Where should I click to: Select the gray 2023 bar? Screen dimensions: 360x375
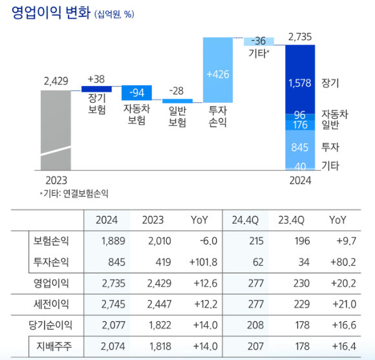55,129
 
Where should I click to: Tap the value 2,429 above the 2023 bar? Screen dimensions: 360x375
56,81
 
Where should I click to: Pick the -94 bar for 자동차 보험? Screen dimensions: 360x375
136,92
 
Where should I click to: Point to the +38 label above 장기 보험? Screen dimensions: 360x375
95,79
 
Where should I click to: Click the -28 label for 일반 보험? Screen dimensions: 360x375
177,90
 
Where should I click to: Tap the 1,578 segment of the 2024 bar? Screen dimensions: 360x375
299,83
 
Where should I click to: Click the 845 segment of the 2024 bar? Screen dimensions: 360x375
299,147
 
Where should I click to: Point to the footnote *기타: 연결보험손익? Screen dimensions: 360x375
74,193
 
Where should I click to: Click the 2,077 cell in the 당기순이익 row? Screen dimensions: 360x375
112,325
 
